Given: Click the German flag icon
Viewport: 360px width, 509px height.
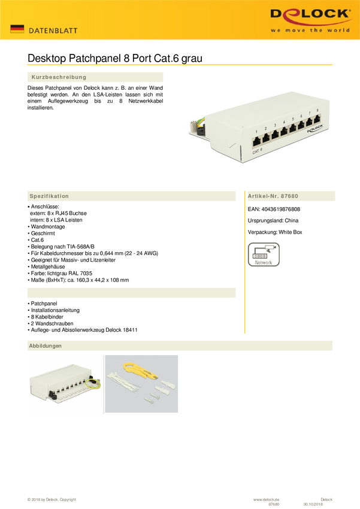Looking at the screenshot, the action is click(17, 29).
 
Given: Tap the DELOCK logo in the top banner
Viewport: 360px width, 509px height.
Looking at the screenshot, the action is click(310, 14).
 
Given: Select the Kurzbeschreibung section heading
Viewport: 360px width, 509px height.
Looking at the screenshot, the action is click(58, 77).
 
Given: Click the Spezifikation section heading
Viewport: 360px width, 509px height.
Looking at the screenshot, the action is click(49, 196).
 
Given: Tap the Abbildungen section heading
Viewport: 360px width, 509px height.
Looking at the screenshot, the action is click(45, 346).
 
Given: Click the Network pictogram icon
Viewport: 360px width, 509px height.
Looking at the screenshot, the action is click(264, 254).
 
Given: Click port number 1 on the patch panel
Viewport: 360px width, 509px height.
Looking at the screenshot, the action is click(256, 131).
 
